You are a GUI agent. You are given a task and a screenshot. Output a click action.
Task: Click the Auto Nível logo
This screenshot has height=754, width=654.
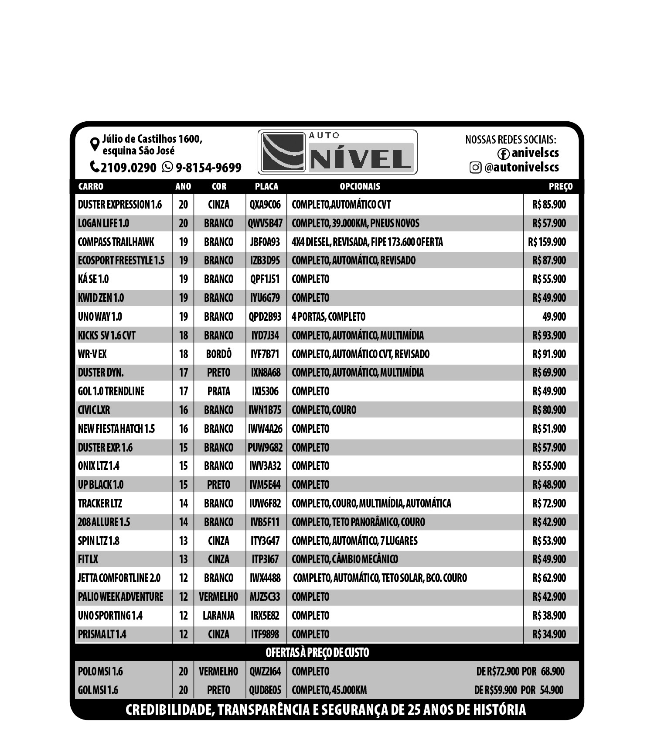coord(337,152)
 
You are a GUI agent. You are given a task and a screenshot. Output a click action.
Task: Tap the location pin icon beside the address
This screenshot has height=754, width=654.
coord(94,144)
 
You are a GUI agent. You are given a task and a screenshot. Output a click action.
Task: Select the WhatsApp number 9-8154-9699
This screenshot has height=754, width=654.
coord(208,168)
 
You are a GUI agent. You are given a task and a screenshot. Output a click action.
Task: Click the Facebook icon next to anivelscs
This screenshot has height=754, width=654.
coord(503,154)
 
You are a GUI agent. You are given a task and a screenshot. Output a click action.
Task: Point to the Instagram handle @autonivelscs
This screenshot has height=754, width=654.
coord(521,167)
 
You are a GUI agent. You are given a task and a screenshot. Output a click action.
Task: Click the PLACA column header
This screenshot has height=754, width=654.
coord(266,186)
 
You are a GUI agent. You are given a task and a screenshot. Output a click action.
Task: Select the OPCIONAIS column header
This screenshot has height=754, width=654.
coord(360,186)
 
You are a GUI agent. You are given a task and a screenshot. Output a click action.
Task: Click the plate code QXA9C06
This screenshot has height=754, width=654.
coord(265,205)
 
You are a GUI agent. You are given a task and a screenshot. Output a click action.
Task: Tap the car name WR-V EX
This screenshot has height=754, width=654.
coord(92,354)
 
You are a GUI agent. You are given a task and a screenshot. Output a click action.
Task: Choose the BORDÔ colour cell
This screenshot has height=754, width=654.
coord(218,354)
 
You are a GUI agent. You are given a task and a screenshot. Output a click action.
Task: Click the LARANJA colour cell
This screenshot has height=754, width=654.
coord(218,615)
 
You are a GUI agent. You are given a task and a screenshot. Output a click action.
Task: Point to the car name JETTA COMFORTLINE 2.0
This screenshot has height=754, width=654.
coord(119,578)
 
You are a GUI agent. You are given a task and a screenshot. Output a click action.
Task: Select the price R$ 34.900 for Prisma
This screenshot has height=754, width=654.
coord(549,634)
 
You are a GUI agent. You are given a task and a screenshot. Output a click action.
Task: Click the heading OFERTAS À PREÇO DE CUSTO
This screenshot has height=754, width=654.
coord(317,653)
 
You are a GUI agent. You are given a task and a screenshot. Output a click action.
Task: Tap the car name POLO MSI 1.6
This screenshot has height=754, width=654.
coord(100,671)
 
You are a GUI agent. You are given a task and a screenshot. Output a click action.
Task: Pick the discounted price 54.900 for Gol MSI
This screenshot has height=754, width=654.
coord(552,690)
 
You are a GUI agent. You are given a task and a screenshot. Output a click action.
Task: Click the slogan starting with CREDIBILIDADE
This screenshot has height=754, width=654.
coord(325,709)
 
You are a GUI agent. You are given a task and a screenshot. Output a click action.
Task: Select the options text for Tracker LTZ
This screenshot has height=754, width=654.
coord(371,504)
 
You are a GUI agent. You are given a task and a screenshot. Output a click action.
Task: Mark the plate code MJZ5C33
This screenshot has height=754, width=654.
coord(265,597)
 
